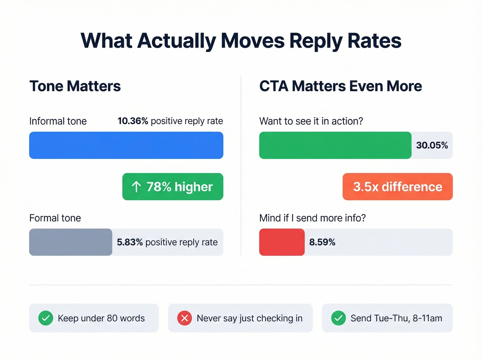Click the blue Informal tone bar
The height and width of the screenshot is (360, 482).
click(x=126, y=145)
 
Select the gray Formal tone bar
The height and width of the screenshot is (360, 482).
click(x=71, y=242)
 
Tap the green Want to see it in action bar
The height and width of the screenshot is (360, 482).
click(x=335, y=145)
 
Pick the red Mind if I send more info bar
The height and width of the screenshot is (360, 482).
click(x=282, y=242)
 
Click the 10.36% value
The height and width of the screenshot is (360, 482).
click(x=133, y=121)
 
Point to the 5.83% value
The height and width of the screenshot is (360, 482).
click(x=129, y=242)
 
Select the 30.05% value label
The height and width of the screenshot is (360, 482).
click(x=432, y=145)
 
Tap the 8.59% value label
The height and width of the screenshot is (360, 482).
click(x=322, y=242)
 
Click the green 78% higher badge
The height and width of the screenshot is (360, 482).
click(x=173, y=186)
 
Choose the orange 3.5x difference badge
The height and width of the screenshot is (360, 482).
click(x=397, y=186)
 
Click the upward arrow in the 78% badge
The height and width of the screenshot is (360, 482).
click(x=136, y=187)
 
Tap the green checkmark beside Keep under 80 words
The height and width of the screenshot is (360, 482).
click(x=45, y=318)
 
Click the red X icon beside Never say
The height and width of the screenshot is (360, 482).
click(x=185, y=318)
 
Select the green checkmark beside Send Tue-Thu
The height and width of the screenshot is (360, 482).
click(x=338, y=318)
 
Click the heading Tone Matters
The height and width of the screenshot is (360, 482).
click(x=75, y=86)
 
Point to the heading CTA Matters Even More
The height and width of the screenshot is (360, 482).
click(x=340, y=86)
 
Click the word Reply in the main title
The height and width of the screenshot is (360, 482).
click(x=315, y=41)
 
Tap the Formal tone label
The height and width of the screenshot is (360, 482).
click(x=55, y=218)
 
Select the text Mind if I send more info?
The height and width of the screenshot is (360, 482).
click(x=312, y=218)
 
